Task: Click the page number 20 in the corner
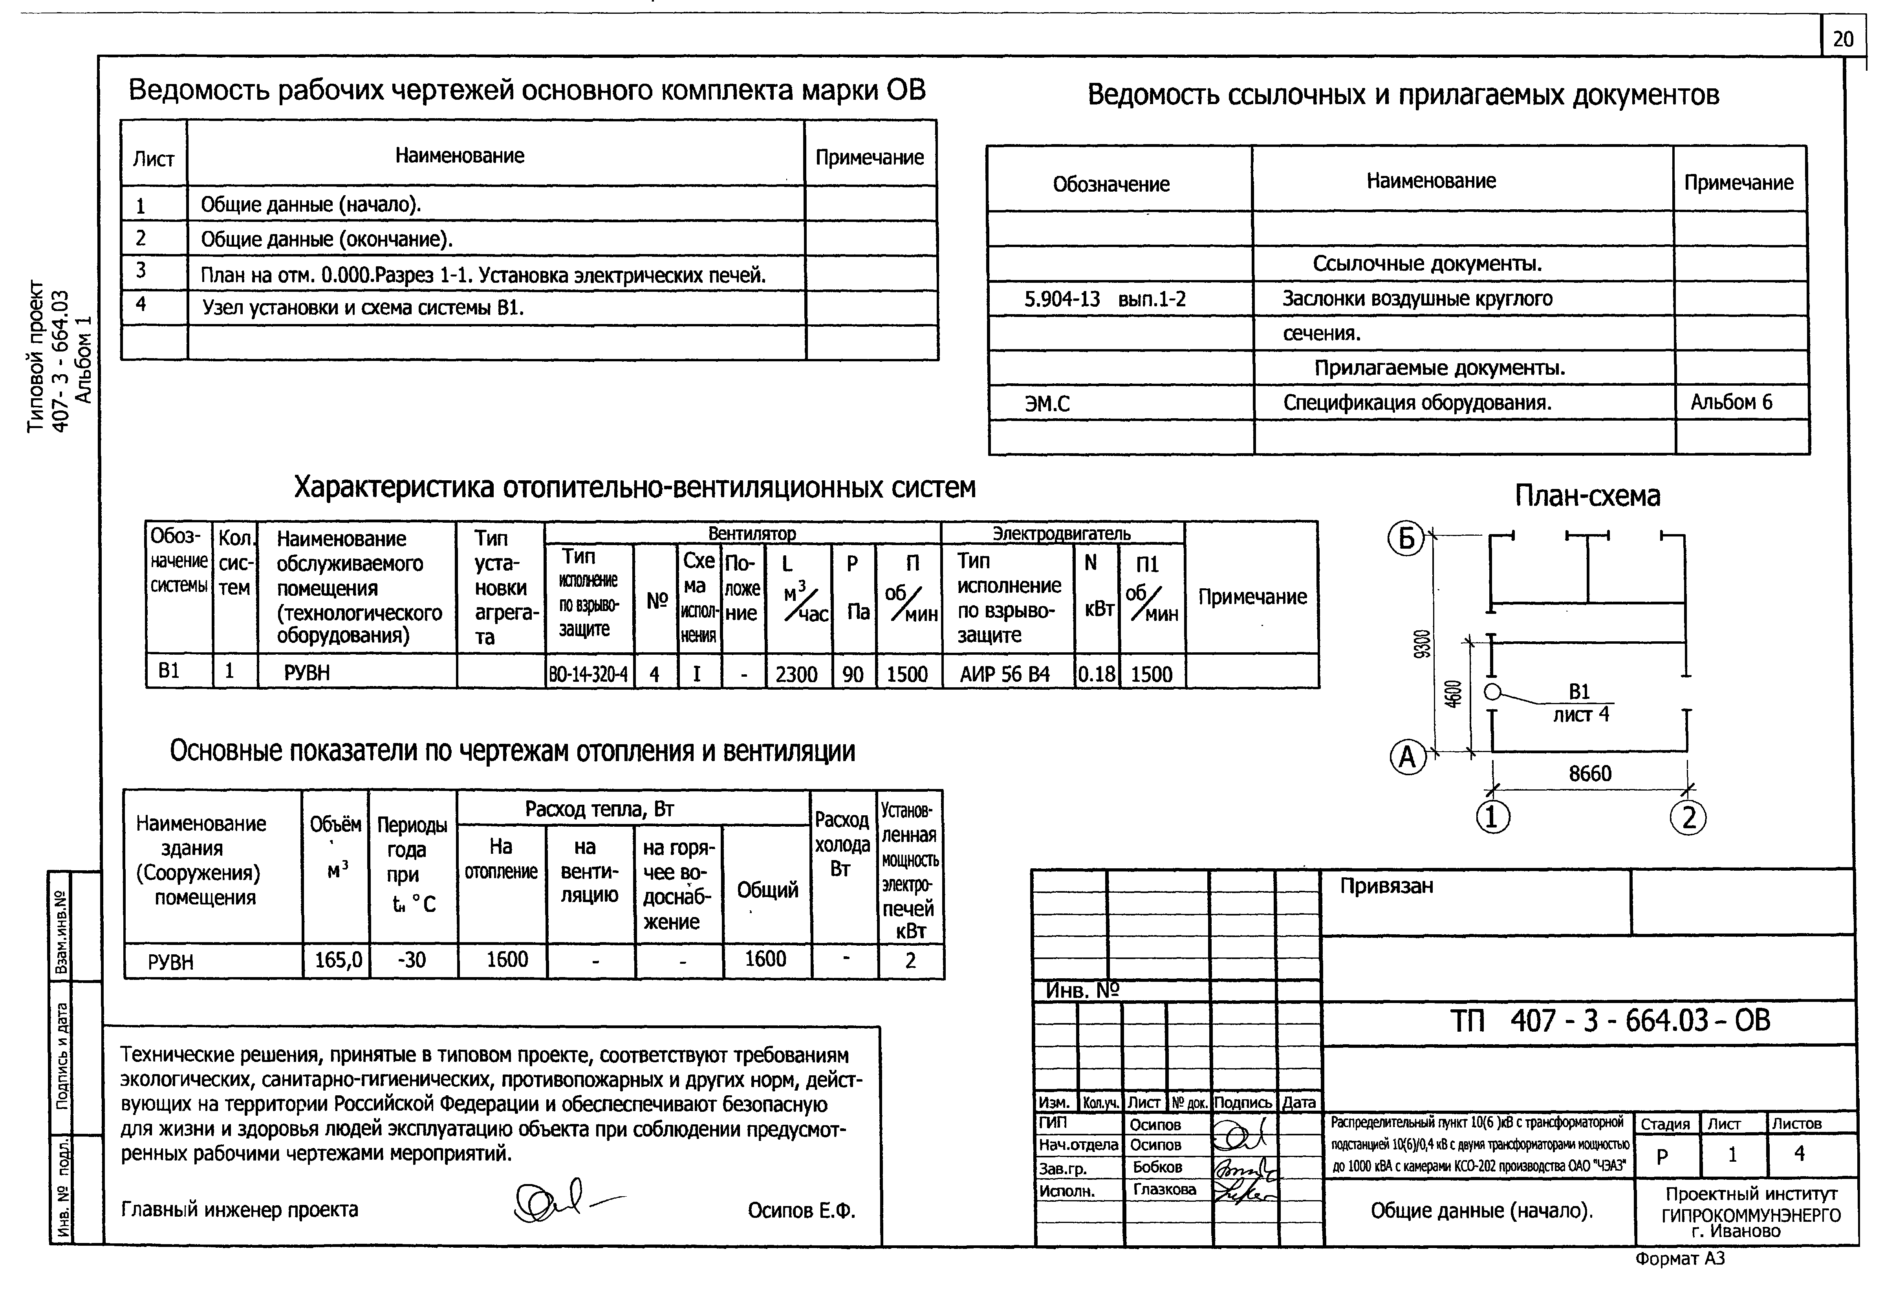pyautogui.click(x=1843, y=39)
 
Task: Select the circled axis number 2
pyautogui.click(x=1688, y=817)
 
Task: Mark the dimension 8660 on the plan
pyautogui.click(x=1589, y=773)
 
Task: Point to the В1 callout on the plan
pyautogui.click(x=1579, y=692)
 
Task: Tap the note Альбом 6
pyautogui.click(x=1730, y=402)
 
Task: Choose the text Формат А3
pyautogui.click(x=1679, y=1259)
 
